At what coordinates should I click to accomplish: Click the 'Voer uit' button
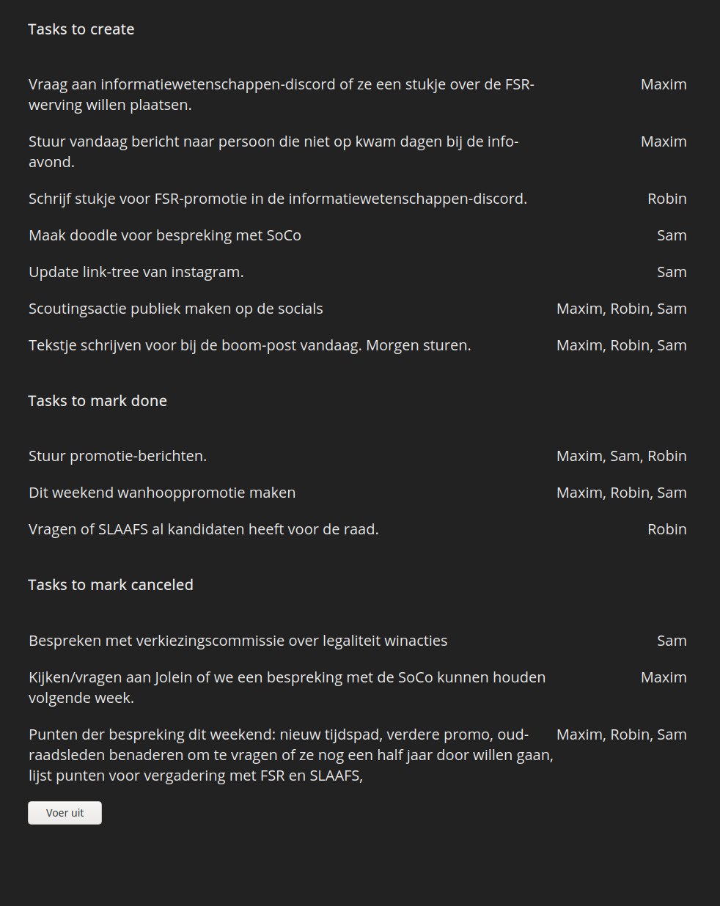coord(65,813)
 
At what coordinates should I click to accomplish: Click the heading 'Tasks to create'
coord(81,29)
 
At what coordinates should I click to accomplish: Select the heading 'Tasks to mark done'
coord(98,401)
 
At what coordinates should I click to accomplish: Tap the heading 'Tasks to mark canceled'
coord(111,585)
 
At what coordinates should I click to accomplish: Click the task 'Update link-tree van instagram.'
coord(136,272)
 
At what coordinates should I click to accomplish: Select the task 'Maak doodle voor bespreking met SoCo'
coord(164,235)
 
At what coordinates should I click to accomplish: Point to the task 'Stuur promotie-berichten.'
coord(117,456)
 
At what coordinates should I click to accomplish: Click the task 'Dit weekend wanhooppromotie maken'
coord(162,493)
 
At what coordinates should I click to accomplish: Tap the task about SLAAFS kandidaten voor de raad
coord(203,529)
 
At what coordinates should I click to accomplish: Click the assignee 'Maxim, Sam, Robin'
coord(621,456)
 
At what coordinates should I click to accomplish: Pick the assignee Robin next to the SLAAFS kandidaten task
coord(666,529)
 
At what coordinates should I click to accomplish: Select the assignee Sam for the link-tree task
coord(672,272)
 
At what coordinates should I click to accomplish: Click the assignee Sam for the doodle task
coord(672,235)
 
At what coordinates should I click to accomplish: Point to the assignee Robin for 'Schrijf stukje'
coord(666,199)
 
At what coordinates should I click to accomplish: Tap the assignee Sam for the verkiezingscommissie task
coord(672,641)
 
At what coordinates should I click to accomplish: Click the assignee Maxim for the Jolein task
coord(664,677)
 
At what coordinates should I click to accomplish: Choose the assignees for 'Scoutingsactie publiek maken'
coord(621,309)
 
